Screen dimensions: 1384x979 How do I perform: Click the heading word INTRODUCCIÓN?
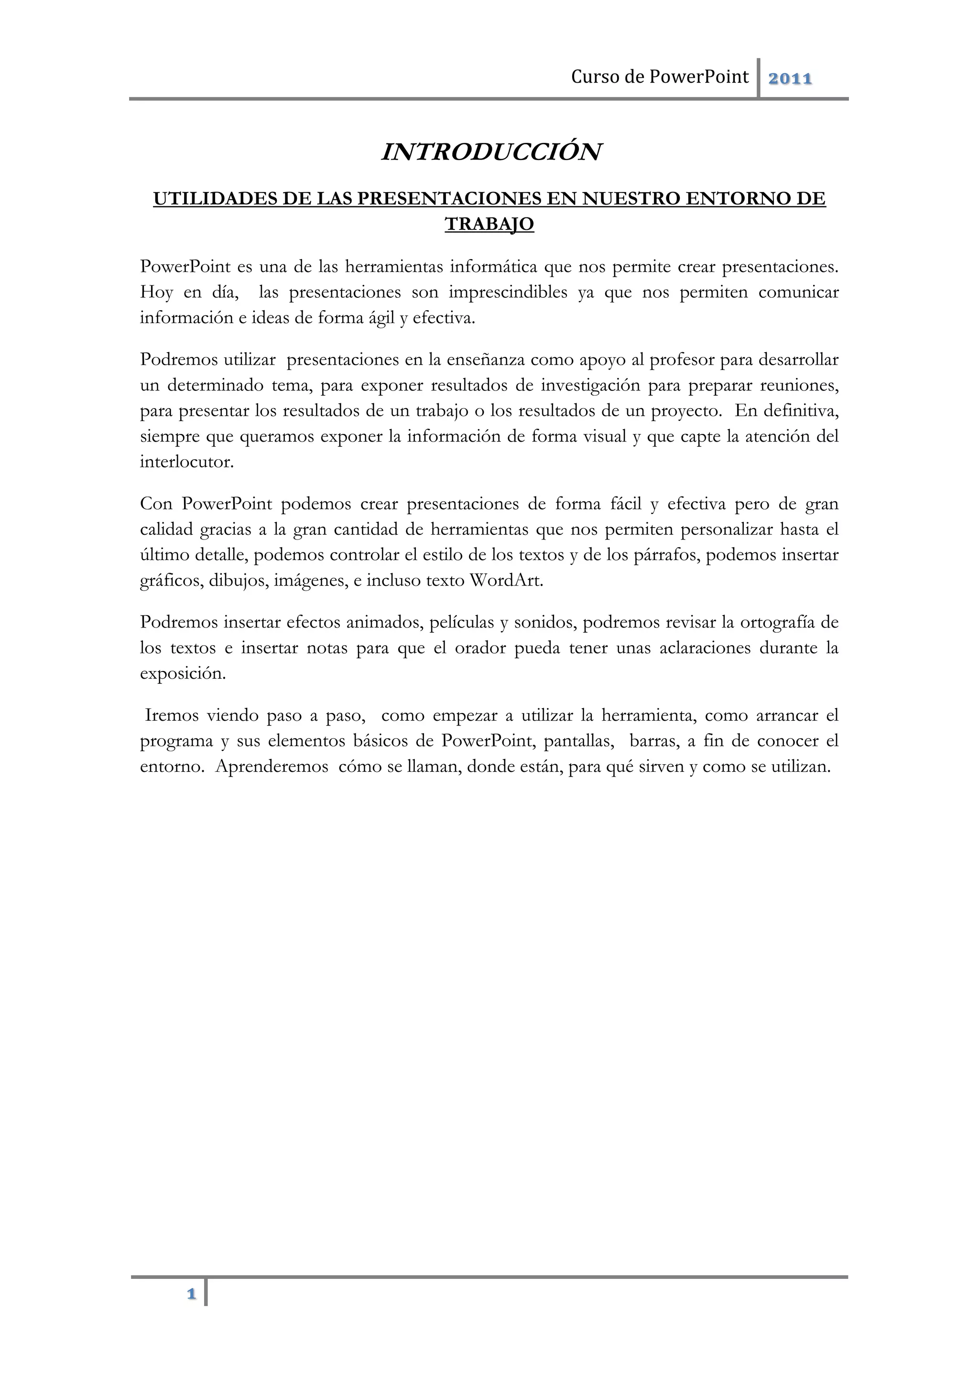(x=491, y=152)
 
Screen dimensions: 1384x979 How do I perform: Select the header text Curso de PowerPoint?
(x=660, y=77)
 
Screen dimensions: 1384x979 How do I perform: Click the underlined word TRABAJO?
(x=489, y=224)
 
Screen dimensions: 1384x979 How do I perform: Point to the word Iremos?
(x=172, y=715)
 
